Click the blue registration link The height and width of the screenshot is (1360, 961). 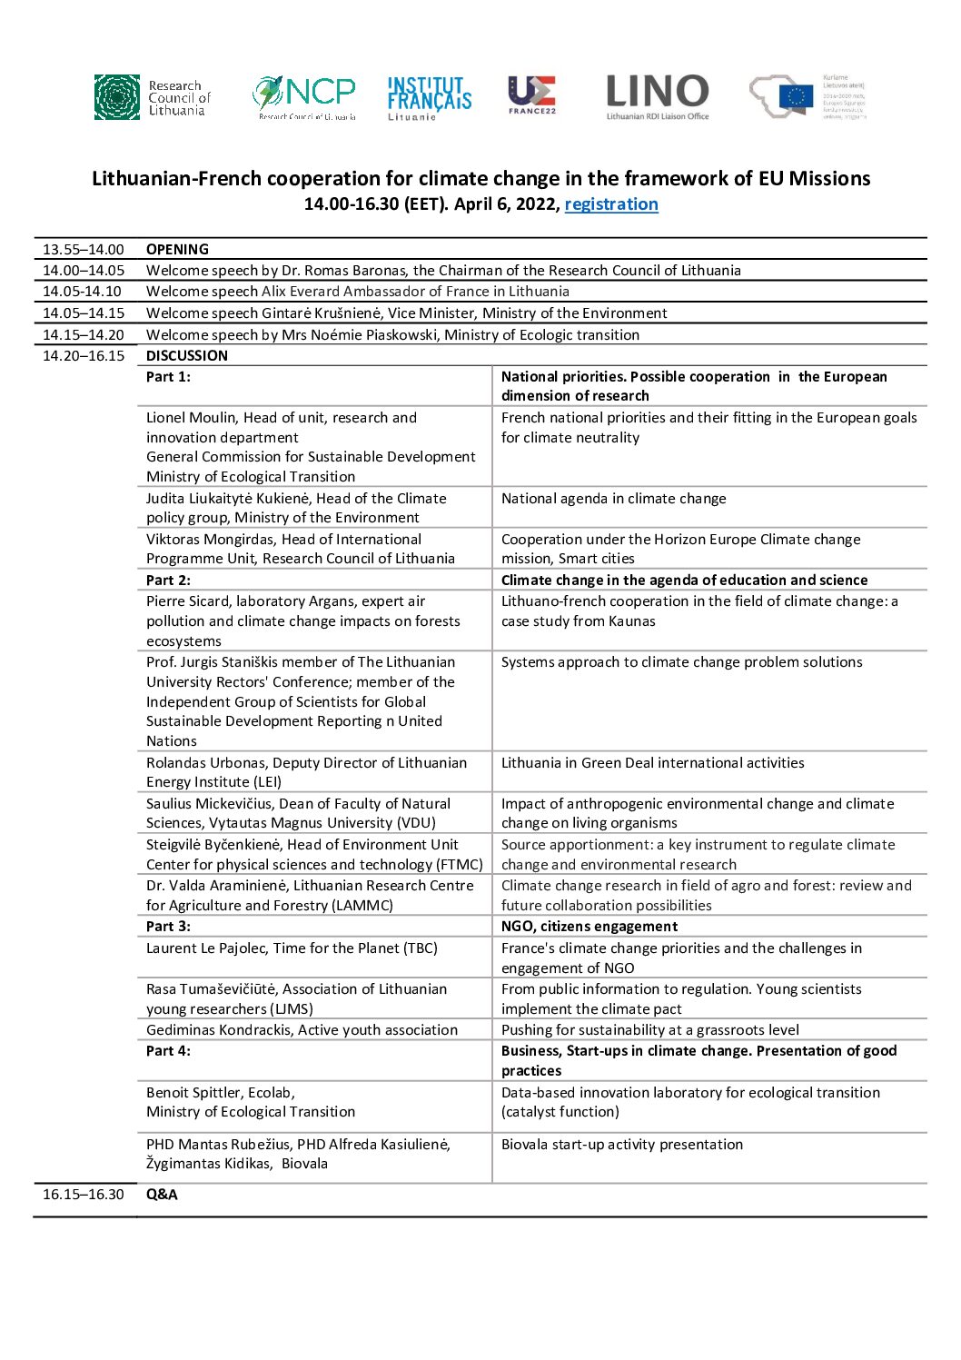click(610, 204)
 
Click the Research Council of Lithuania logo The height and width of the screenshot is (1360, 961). click(153, 97)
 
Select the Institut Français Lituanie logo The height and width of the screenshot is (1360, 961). click(429, 97)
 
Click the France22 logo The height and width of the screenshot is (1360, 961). click(531, 94)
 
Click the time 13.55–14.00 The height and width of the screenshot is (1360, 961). click(84, 250)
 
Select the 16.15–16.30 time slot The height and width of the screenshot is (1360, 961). click(84, 1195)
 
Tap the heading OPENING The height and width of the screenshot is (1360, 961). click(177, 250)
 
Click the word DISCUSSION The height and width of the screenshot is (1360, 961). click(187, 356)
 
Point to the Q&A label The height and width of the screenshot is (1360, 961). click(162, 1195)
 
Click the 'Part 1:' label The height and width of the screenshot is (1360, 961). click(168, 377)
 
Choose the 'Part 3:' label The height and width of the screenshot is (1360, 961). click(168, 927)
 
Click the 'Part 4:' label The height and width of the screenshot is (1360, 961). click(168, 1051)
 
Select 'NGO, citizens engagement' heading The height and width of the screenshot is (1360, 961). click(589, 927)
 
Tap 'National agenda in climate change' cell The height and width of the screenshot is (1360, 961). click(614, 499)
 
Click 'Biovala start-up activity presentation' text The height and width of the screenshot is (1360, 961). click(622, 1145)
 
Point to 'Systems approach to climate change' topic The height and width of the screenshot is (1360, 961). click(682, 662)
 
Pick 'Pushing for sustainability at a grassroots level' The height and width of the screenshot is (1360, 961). click(650, 1030)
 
